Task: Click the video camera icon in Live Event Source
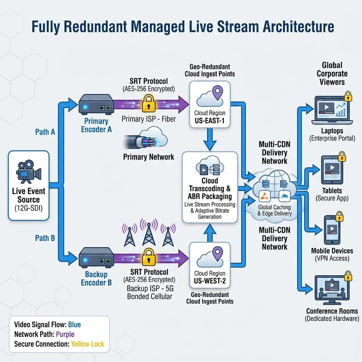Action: tap(28, 172)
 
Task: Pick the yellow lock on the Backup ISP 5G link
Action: tap(148, 256)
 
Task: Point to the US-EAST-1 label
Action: tap(210, 122)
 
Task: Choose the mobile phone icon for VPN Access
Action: tap(332, 229)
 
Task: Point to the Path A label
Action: tap(45, 132)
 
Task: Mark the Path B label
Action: tap(45, 238)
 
